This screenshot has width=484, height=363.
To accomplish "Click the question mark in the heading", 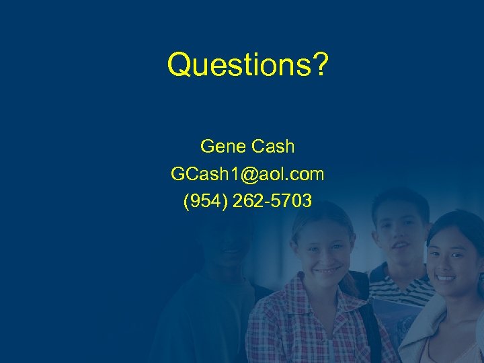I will [319, 65].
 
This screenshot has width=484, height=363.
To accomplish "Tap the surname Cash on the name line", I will [272, 146].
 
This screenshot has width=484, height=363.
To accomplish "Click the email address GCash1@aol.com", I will [247, 174].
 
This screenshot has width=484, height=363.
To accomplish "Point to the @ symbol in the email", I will [249, 174].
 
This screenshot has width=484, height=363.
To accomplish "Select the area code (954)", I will [205, 201].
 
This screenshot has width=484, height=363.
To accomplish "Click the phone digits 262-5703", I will [272, 201].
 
